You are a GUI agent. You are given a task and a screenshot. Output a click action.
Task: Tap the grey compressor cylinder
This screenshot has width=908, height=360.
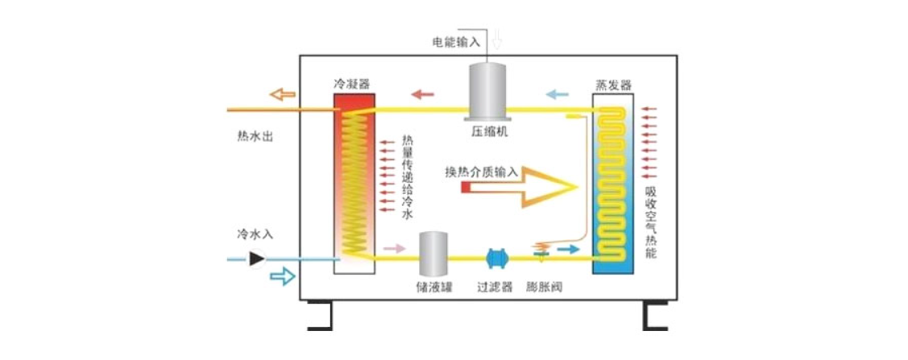click(489, 89)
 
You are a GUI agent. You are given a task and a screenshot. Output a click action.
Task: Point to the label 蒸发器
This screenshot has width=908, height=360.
click(613, 84)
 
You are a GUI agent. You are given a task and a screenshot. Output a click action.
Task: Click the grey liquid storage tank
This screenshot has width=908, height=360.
click(433, 254)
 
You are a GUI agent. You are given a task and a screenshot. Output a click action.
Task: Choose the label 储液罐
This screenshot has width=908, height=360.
click(433, 288)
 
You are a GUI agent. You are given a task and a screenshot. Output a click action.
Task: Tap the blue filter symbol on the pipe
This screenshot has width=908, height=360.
click(496, 258)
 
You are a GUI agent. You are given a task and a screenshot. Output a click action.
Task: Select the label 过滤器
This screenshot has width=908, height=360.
click(495, 288)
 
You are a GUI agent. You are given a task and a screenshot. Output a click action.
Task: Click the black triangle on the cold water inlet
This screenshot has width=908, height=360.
click(257, 259)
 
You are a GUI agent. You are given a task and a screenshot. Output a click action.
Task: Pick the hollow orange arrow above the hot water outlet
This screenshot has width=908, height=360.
click(282, 94)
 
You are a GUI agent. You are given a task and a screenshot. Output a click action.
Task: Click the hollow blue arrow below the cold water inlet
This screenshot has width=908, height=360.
click(282, 277)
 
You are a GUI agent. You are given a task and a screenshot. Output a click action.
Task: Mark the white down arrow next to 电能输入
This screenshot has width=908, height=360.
click(497, 38)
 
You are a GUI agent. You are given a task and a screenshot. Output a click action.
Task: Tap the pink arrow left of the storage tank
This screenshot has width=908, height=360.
click(394, 248)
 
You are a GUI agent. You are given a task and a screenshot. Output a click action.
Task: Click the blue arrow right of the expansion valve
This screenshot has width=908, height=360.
click(568, 250)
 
